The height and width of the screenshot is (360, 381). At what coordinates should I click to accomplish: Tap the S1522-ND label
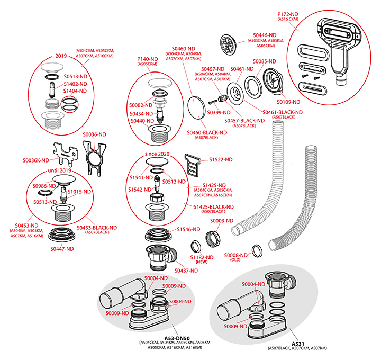[x=221, y=159]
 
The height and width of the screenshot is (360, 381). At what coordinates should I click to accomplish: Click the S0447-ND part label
[x=62, y=248]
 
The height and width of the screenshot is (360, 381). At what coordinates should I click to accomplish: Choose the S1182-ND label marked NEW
[x=202, y=257]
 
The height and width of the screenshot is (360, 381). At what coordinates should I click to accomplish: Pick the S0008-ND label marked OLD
[x=236, y=255]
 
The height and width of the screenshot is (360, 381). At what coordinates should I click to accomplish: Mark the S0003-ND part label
[x=222, y=220]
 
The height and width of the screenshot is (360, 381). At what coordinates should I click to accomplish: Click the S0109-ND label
[x=288, y=102]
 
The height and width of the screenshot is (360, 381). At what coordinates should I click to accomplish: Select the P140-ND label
[x=148, y=59]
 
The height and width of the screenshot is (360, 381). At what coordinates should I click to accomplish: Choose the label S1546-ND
[x=189, y=229]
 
